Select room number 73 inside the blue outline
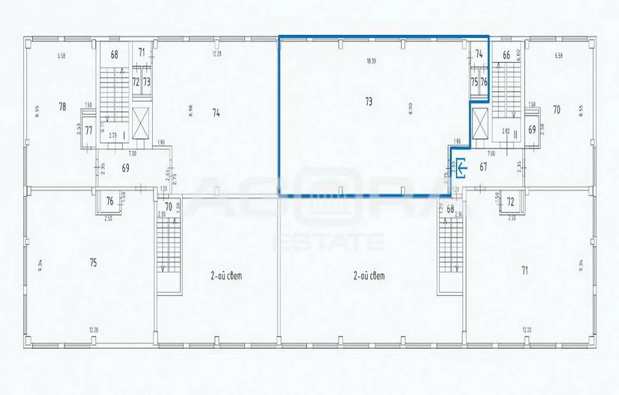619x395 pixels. coord(369,101)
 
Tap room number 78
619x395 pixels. coord(63,106)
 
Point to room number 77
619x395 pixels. coord(89,130)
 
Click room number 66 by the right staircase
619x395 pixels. coord(506,56)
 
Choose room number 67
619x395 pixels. coord(483,167)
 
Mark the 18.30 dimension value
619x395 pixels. coord(370,62)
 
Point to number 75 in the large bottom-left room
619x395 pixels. coord(94,262)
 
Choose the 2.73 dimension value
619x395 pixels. coord(112,135)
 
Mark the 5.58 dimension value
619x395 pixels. coord(61,56)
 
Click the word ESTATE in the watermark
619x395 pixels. coord(329,243)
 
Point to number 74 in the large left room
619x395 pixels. coord(216,112)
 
